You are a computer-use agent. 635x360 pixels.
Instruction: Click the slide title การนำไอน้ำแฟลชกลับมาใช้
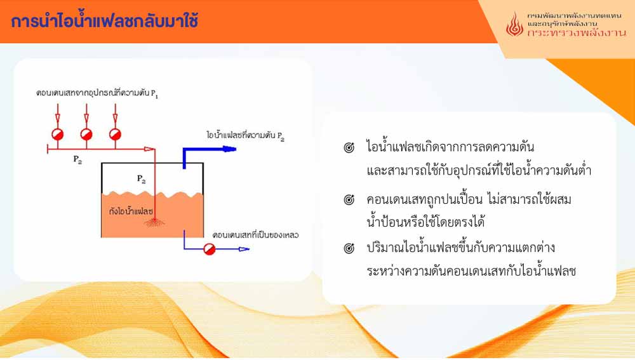[105, 20]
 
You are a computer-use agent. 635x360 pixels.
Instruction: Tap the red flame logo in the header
[514, 24]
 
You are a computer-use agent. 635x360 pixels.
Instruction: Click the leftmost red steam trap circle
[58, 135]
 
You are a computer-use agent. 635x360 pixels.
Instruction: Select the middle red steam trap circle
[86, 135]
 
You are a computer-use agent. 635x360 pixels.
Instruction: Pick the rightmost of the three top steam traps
[115, 135]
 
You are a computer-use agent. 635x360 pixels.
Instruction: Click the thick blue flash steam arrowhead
[229, 149]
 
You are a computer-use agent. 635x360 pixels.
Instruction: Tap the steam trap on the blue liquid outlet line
[209, 249]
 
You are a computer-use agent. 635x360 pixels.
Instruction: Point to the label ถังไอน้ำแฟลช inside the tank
[131, 211]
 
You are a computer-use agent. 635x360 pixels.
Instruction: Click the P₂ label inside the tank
[142, 178]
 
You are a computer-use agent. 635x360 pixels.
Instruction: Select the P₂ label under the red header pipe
[77, 159]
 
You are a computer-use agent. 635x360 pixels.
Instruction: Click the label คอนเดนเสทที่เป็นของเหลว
[255, 236]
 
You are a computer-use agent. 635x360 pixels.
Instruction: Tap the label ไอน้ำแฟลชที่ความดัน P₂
[245, 135]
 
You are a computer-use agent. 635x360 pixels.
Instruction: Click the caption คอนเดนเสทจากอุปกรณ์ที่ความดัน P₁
[97, 93]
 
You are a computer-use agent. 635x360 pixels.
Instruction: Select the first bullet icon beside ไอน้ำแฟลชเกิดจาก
[349, 147]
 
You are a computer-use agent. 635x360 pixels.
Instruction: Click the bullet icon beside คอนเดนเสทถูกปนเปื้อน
[349, 199]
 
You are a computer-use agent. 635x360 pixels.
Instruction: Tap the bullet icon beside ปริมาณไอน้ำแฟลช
[349, 248]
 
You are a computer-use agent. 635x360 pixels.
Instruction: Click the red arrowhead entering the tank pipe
[149, 149]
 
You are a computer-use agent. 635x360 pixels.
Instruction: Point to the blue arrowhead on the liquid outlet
[244, 249]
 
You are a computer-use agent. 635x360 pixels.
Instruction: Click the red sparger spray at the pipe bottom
[154, 222]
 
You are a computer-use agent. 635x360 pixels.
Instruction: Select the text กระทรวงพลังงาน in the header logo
[577, 33]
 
